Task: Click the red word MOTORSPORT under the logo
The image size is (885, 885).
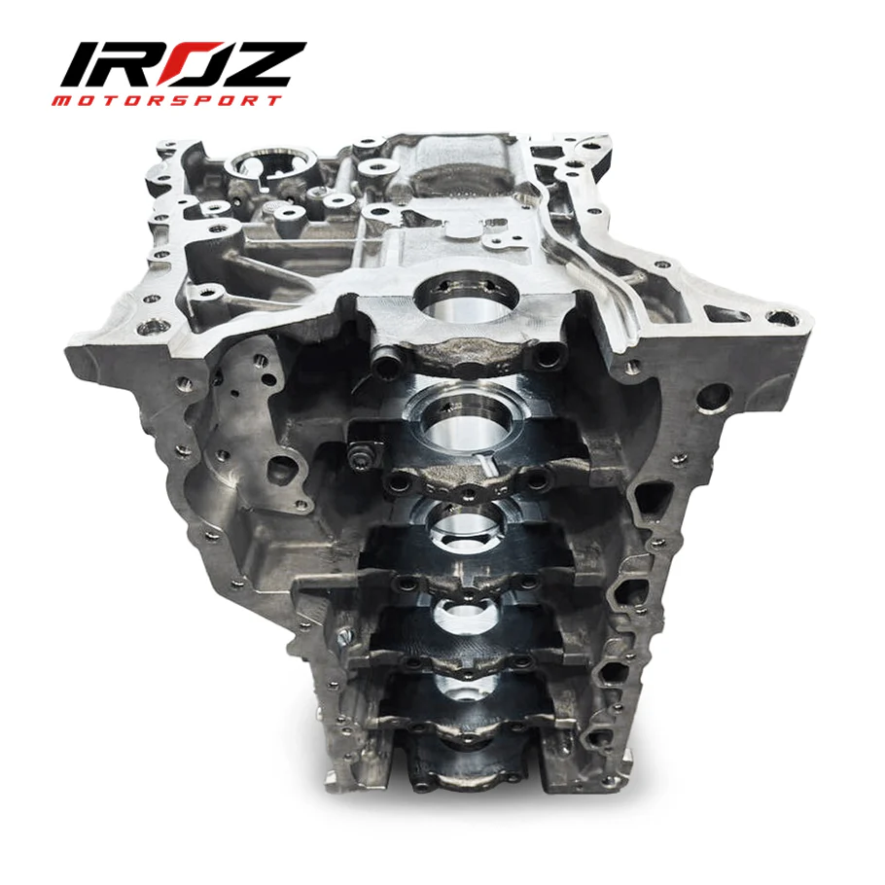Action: click(174, 100)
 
